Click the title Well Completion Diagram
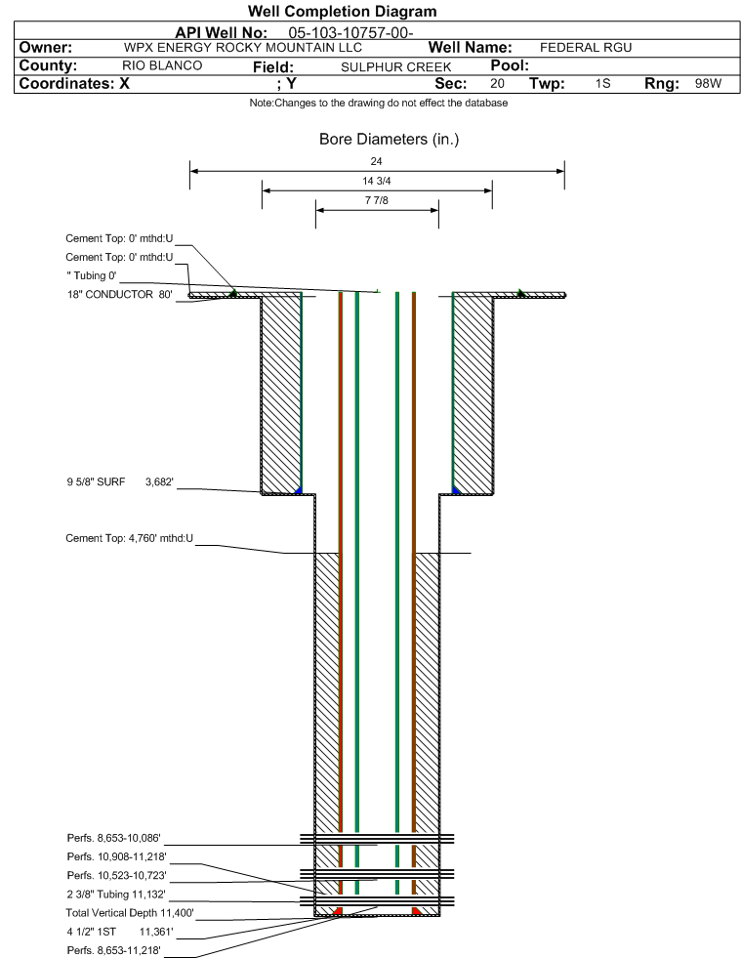click(343, 12)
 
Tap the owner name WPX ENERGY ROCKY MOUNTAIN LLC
click(243, 48)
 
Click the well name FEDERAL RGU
click(586, 48)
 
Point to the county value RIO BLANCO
click(162, 65)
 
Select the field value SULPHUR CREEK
click(396, 66)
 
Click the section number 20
click(497, 84)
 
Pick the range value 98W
click(708, 84)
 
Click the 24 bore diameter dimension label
click(377, 161)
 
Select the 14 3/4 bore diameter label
click(377, 182)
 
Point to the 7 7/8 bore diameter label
click(377, 202)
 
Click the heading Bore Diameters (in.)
click(389, 140)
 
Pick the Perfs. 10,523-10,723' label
click(116, 874)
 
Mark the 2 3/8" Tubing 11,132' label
click(116, 894)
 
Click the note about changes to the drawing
click(378, 104)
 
